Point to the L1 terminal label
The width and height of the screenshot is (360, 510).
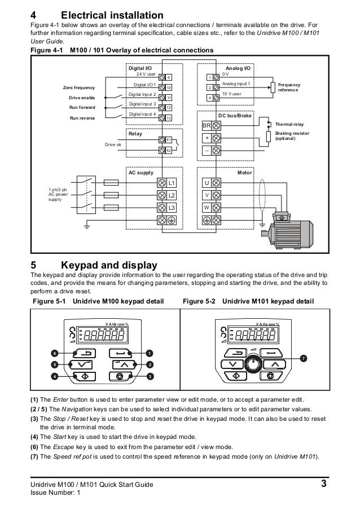[x=172, y=183]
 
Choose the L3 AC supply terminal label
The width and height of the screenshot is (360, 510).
[x=172, y=208]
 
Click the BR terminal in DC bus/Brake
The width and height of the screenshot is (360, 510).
[x=207, y=125]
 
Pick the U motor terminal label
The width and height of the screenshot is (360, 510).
[x=207, y=183]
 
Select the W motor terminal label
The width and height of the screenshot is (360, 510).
[x=207, y=208]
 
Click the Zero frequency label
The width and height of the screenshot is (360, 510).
[x=78, y=88]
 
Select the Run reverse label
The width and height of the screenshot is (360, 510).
[x=82, y=118]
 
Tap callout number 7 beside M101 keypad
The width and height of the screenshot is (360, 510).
[x=304, y=358]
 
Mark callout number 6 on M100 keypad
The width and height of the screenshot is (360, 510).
[x=54, y=353]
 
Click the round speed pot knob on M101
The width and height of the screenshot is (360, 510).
[x=253, y=363]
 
